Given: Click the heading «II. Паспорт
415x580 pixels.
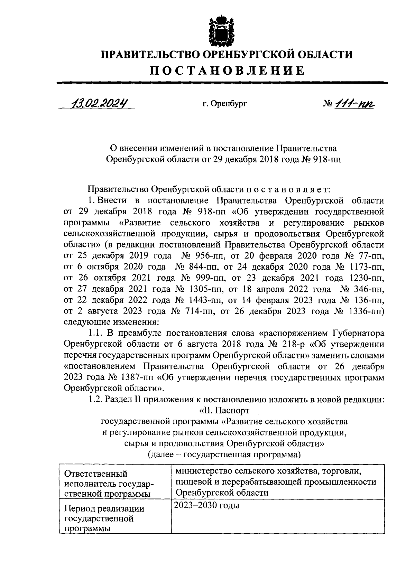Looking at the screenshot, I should [x=224, y=410].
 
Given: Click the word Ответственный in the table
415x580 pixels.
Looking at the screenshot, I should [x=96, y=474].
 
